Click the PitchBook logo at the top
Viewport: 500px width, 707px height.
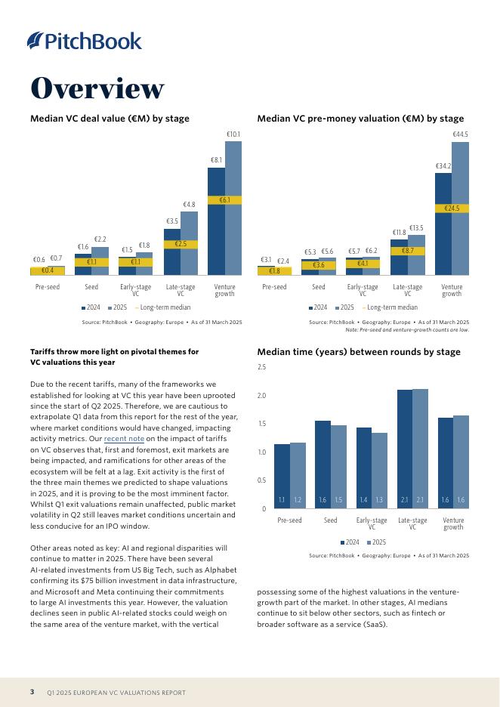[85, 41]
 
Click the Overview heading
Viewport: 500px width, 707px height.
[97, 88]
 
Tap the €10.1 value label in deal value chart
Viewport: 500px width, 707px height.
[233, 134]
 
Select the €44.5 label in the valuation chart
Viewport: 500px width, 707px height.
[460, 134]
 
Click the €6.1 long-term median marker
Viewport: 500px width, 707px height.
[224, 200]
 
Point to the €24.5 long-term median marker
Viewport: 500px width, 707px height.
[452, 208]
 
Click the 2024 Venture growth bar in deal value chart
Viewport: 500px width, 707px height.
[216, 227]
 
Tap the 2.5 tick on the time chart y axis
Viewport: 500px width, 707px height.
[262, 367]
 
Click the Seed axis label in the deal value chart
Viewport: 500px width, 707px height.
[91, 287]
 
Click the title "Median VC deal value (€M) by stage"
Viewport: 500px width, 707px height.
[110, 119]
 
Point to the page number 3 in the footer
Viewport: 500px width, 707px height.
[32, 692]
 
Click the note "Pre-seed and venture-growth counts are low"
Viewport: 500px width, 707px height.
[407, 329]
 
